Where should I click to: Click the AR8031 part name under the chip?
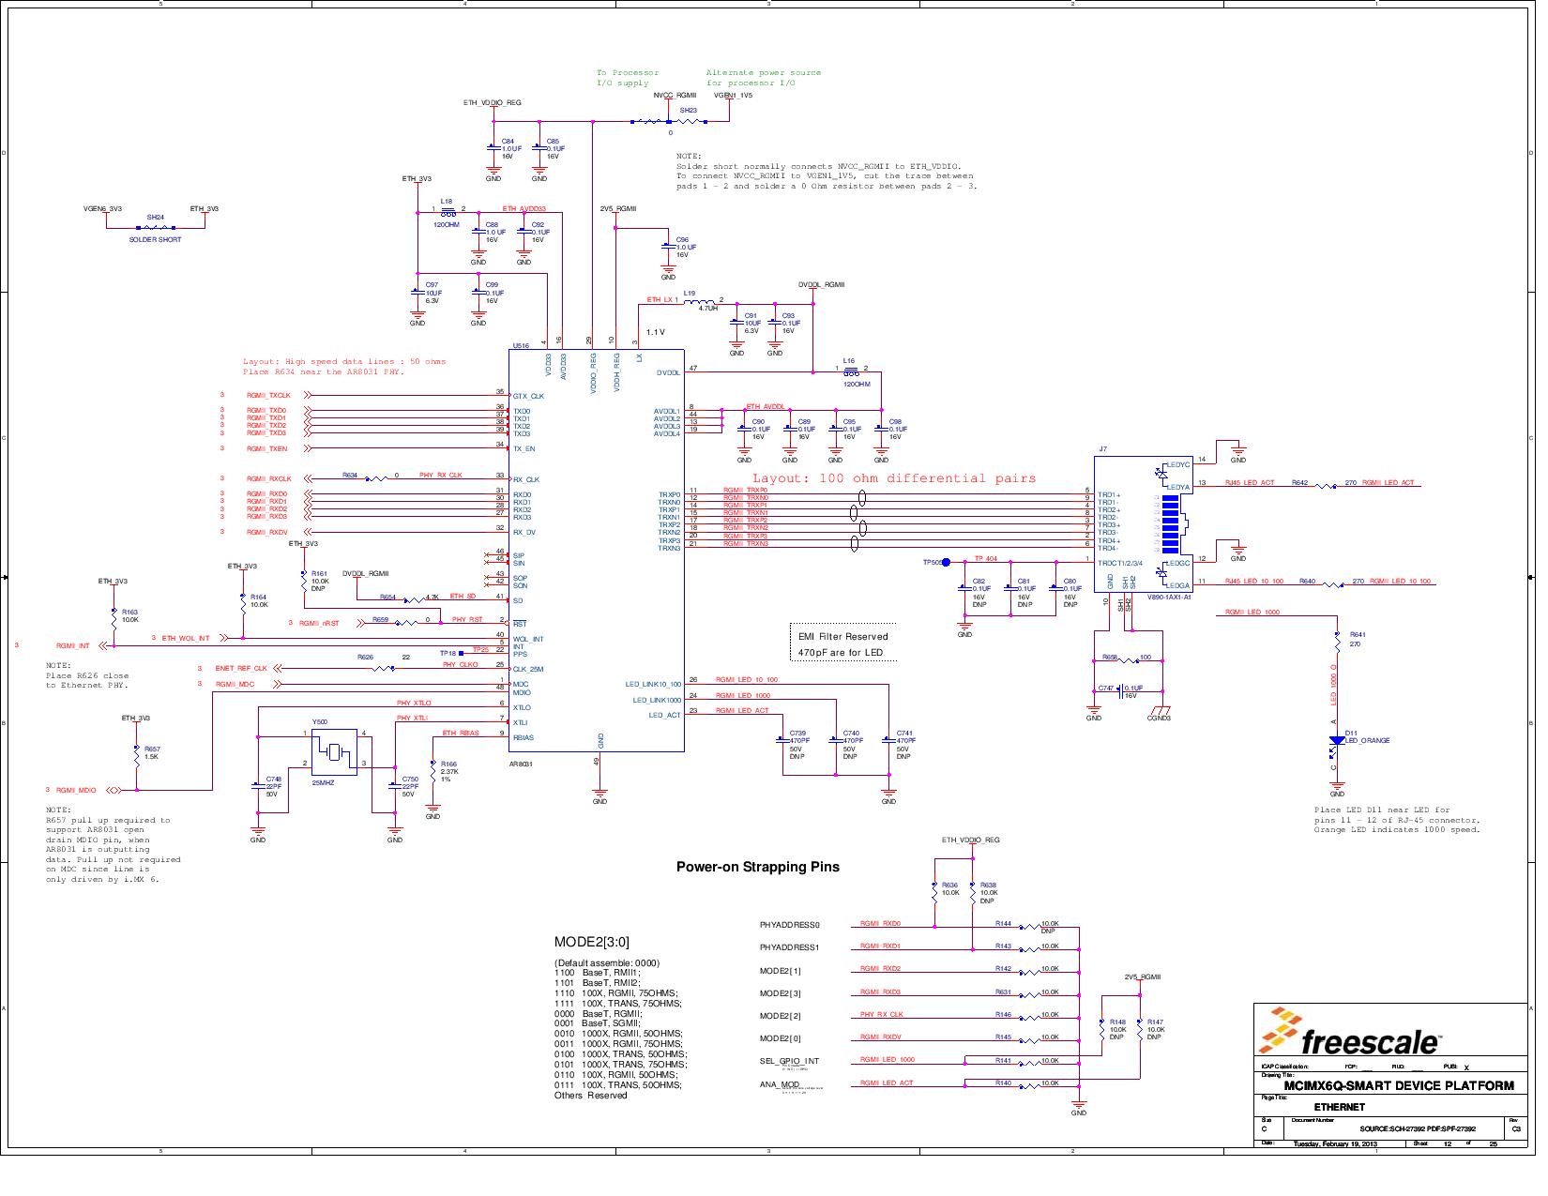click(522, 765)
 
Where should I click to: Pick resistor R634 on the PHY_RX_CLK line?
click(375, 478)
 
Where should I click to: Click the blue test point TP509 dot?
click(946, 562)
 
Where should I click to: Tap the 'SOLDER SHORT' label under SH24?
click(155, 240)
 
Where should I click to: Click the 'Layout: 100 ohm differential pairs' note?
click(893, 478)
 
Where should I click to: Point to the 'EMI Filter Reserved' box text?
click(842, 637)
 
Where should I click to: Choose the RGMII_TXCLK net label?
click(268, 396)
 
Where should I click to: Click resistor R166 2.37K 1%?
click(433, 769)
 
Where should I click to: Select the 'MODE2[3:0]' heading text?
click(591, 943)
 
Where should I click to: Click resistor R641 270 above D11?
click(1338, 642)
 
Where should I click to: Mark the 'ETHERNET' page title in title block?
click(1339, 1107)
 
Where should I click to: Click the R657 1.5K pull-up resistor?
click(137, 754)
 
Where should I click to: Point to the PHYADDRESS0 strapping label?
click(789, 925)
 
